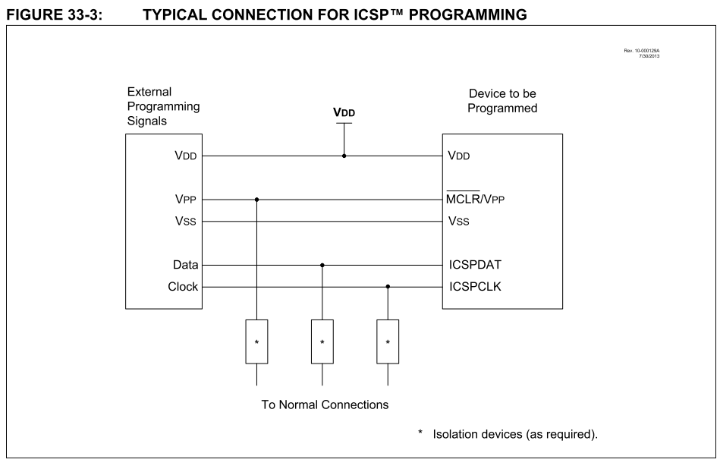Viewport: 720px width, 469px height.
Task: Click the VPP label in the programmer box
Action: click(x=184, y=200)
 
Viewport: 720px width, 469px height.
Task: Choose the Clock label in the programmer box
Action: click(x=183, y=287)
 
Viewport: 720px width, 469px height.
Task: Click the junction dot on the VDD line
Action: click(x=344, y=156)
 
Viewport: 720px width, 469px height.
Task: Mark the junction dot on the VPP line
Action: click(x=257, y=200)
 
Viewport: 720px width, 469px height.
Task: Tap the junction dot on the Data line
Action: click(x=322, y=266)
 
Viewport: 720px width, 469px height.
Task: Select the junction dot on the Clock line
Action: click(x=388, y=287)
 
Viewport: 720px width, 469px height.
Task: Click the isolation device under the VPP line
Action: click(x=257, y=342)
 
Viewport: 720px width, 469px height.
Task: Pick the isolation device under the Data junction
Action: click(x=322, y=342)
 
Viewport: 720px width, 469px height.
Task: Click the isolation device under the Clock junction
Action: click(x=388, y=342)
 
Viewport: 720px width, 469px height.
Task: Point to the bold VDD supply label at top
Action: click(x=344, y=112)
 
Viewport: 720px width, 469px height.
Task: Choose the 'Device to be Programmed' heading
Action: click(x=503, y=101)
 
